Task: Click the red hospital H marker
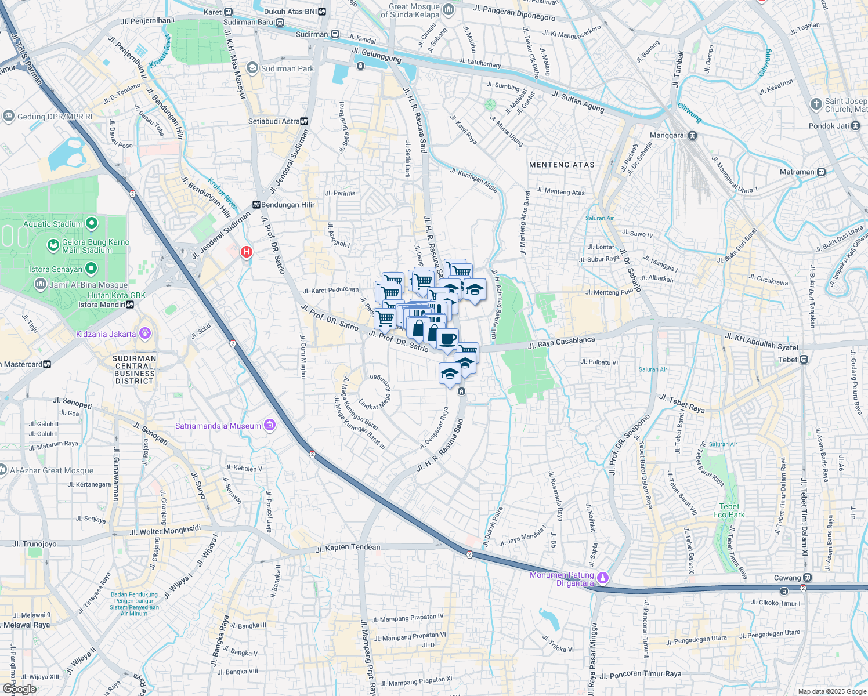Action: click(x=247, y=252)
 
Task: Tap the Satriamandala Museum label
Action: click(x=218, y=426)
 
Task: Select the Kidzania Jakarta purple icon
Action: click(x=145, y=333)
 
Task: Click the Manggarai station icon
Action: click(x=692, y=135)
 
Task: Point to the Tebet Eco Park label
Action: click(x=729, y=510)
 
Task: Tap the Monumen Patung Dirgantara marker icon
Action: click(x=603, y=577)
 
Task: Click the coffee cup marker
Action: click(x=447, y=339)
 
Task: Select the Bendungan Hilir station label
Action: click(x=288, y=205)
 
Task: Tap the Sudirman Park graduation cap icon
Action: click(x=252, y=68)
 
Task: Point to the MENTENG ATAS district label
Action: click(x=562, y=165)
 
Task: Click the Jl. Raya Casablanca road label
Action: click(x=561, y=343)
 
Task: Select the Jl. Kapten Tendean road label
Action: click(x=348, y=548)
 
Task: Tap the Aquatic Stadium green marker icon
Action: click(x=91, y=223)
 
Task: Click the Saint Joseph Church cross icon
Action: click(x=816, y=104)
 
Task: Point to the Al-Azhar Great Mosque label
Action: click(x=52, y=470)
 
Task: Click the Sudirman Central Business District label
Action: click(x=134, y=369)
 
